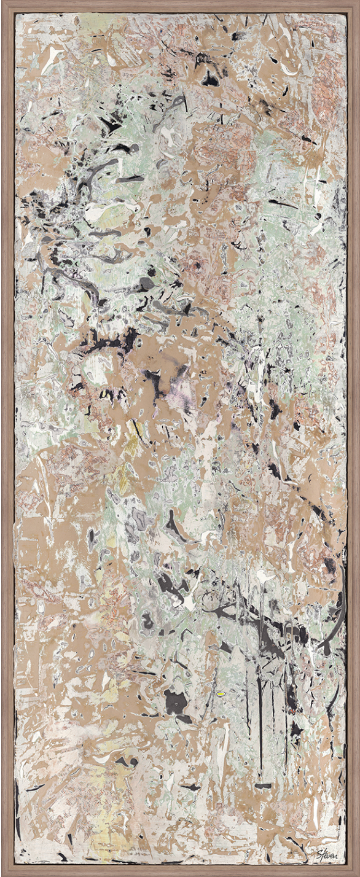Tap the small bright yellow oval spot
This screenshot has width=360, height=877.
pyautogui.click(x=222, y=693)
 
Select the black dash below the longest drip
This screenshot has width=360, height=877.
pyautogui.click(x=263, y=785)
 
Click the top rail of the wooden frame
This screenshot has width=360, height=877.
pyautogui.click(x=180, y=5)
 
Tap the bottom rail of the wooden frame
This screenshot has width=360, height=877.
pyautogui.click(x=180, y=872)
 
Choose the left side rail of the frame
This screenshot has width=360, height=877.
pyautogui.click(x=6, y=438)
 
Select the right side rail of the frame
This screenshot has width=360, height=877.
pyautogui.click(x=354, y=438)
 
